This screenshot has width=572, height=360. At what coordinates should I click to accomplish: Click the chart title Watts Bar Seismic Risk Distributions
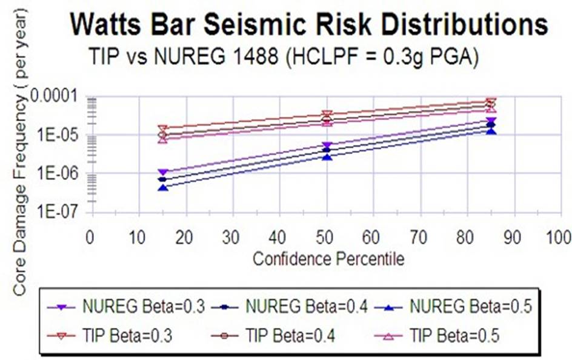click(309, 25)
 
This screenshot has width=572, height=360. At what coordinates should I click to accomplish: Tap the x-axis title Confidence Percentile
click(328, 259)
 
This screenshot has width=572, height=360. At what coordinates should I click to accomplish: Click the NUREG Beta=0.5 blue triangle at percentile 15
click(162, 187)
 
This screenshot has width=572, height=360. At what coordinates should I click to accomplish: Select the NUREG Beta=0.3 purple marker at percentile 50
click(327, 145)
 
